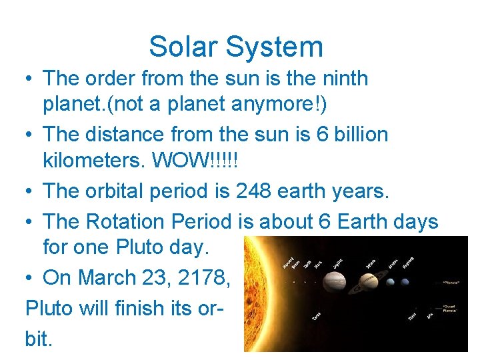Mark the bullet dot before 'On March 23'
click(x=30, y=278)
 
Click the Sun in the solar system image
click(x=257, y=293)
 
